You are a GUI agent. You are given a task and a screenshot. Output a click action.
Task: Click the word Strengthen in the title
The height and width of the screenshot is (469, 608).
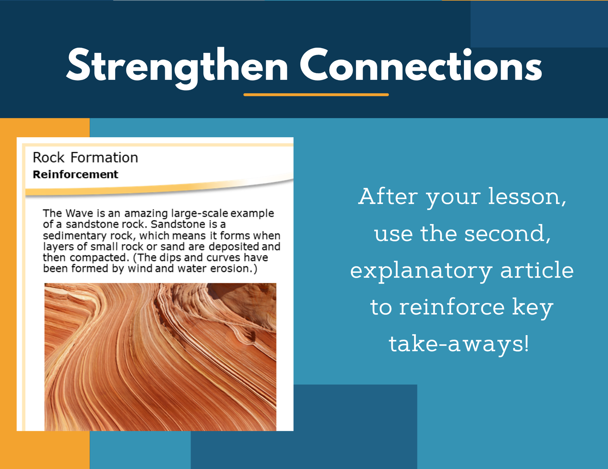pyautogui.click(x=177, y=67)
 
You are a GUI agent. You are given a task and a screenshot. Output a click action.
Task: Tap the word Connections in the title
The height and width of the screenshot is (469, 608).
pyautogui.click(x=421, y=65)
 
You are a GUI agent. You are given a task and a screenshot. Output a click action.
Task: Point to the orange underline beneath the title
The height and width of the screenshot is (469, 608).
pyautogui.click(x=316, y=95)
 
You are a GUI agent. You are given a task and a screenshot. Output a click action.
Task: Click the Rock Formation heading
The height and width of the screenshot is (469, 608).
pyautogui.click(x=85, y=157)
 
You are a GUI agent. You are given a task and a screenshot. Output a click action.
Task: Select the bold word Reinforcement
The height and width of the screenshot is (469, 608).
pyautogui.click(x=76, y=174)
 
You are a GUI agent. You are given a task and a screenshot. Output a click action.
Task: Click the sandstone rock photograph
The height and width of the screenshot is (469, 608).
pyautogui.click(x=160, y=357)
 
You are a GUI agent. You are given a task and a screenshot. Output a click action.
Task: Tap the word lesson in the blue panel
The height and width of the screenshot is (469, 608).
pyautogui.click(x=527, y=197)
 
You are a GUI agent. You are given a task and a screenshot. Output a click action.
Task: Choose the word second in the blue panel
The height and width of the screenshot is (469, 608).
pyautogui.click(x=507, y=234)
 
